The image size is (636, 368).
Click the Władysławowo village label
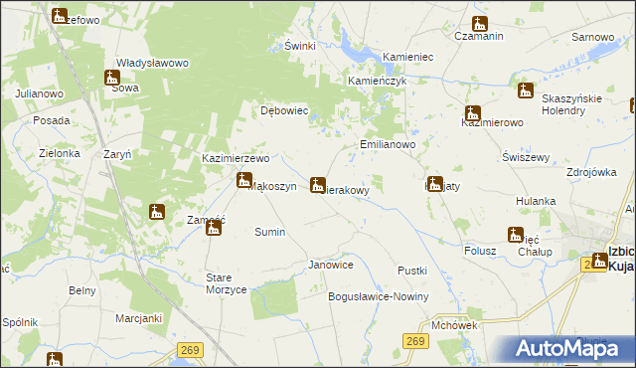point(152,63)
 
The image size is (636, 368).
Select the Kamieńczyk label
point(377,81)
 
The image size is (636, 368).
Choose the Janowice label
point(331,265)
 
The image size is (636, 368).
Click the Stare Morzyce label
point(226,281)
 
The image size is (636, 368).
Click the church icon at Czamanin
point(480,24)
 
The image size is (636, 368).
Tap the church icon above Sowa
point(112,78)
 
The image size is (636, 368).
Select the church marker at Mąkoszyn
point(243,180)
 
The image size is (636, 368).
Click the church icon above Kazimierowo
point(473,113)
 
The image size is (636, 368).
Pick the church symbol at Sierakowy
point(317,184)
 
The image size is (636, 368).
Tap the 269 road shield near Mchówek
point(416,342)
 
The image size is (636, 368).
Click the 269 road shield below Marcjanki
point(191,349)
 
